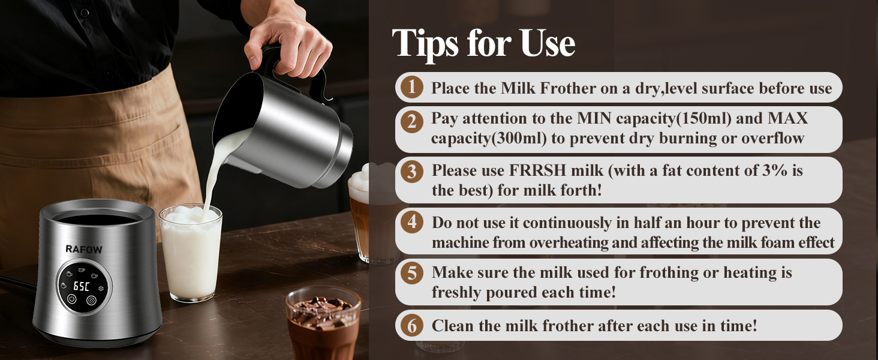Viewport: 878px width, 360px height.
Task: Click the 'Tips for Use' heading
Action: pyautogui.click(x=483, y=43)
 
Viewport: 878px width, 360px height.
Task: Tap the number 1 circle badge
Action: pyautogui.click(x=411, y=88)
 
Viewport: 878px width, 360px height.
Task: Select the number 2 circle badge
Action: pyautogui.click(x=411, y=122)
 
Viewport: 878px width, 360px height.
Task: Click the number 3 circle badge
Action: pyautogui.click(x=411, y=172)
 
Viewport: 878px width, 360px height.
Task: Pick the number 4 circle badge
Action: pyautogui.click(x=411, y=223)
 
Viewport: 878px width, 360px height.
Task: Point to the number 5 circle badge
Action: pyautogui.click(x=411, y=273)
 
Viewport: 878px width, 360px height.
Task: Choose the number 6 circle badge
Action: pyautogui.click(x=411, y=326)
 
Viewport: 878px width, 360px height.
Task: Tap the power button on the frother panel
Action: pyautogui.click(x=71, y=300)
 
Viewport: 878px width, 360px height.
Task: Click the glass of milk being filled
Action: pyautogui.click(x=191, y=252)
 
